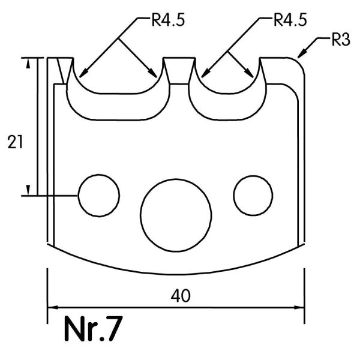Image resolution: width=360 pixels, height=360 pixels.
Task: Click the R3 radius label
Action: [341, 39]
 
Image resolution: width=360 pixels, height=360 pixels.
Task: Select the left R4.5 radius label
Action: [168, 20]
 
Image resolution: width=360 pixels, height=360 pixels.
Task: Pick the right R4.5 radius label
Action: [290, 20]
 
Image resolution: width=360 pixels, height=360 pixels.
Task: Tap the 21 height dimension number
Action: [15, 142]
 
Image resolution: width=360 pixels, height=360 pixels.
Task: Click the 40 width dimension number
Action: [181, 296]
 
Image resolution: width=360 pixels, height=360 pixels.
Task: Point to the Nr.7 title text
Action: [93, 329]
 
